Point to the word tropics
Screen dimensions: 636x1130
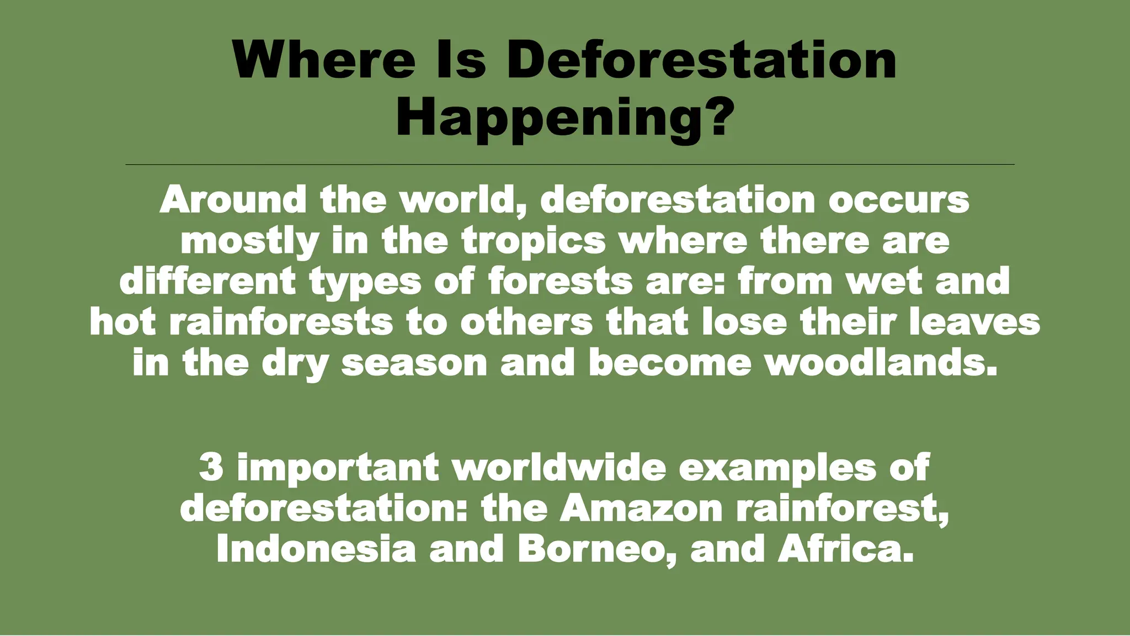(534, 241)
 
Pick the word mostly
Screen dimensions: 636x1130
(250, 241)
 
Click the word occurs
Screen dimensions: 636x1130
(899, 200)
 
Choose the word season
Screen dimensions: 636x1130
(414, 363)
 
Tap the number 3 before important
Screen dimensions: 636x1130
(211, 467)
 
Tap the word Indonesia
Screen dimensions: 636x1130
(316, 549)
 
